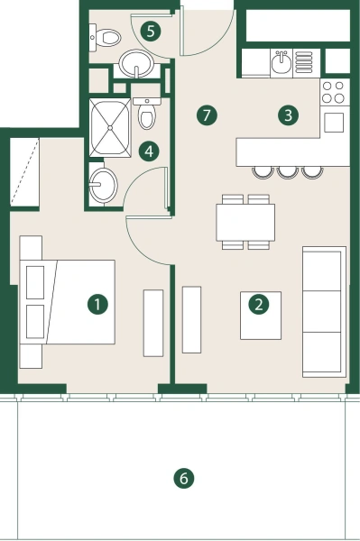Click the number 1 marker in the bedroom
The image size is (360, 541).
(x=97, y=304)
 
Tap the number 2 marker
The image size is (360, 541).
(x=259, y=305)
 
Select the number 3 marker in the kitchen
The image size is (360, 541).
(x=288, y=115)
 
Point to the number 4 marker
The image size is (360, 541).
(x=152, y=151)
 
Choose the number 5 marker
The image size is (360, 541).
(x=152, y=32)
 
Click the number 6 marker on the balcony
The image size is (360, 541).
(x=183, y=478)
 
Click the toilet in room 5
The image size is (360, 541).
(x=107, y=38)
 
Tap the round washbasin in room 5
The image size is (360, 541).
(x=136, y=64)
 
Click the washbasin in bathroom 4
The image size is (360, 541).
(x=103, y=186)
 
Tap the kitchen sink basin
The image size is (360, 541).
(x=281, y=62)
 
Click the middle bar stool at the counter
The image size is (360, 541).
(x=288, y=171)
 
